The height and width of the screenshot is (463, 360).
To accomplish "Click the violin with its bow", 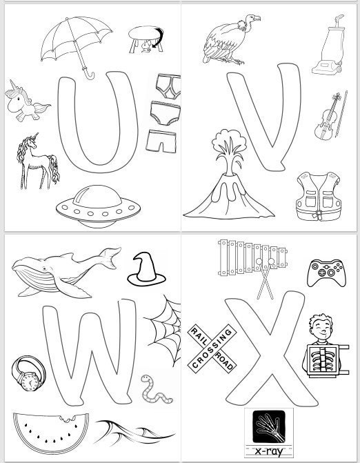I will tap(328, 116).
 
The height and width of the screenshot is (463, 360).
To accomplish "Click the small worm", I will tap(149, 390).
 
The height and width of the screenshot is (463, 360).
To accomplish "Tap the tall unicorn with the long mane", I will tap(39, 160).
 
